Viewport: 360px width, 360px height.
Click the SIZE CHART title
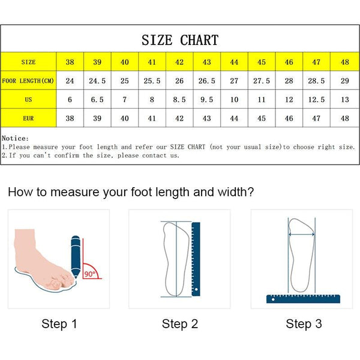(180, 41)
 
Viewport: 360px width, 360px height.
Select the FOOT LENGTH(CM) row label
(28, 81)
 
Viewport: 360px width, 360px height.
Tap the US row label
(28, 100)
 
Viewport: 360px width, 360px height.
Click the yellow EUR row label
(28, 118)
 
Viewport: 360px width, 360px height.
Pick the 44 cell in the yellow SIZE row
(234, 62)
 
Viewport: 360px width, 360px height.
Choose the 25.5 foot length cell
(152, 81)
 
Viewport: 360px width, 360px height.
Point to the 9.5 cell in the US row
(206, 100)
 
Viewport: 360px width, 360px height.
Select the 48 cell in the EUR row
(344, 118)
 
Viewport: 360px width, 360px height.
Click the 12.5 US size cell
(317, 100)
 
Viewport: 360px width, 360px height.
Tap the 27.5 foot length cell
(262, 81)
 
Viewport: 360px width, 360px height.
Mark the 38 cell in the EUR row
(70, 118)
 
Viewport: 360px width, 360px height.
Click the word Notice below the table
(15, 138)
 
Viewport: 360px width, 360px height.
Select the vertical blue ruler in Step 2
(195, 258)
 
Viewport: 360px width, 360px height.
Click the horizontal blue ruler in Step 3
(302, 298)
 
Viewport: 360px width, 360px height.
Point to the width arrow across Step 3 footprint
(302, 235)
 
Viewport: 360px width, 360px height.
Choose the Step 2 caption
(179, 324)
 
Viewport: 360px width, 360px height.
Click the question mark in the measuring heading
(250, 193)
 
